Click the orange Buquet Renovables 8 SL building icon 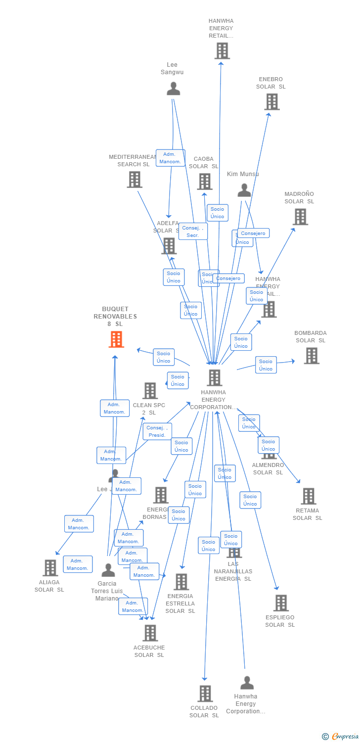pos(116,339)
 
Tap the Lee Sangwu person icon pos(173,89)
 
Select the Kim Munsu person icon pos(244,190)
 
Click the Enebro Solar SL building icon pos(271,102)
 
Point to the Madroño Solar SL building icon pos(300,217)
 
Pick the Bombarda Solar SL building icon pos(311,356)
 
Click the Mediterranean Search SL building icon pos(135,180)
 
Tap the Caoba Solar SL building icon pos(205,182)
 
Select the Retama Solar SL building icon pos(308,496)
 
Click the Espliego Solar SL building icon pos(281,603)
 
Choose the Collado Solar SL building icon pos(205,694)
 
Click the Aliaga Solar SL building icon pos(50,568)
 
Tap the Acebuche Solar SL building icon pos(150,633)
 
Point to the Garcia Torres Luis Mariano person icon pos(108,570)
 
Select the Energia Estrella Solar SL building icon pos(181,582)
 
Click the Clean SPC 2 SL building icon pos(150,391)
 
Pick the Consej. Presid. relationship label pos(157,431)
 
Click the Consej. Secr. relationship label pos(193,232)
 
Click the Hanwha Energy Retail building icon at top pos(222,51)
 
